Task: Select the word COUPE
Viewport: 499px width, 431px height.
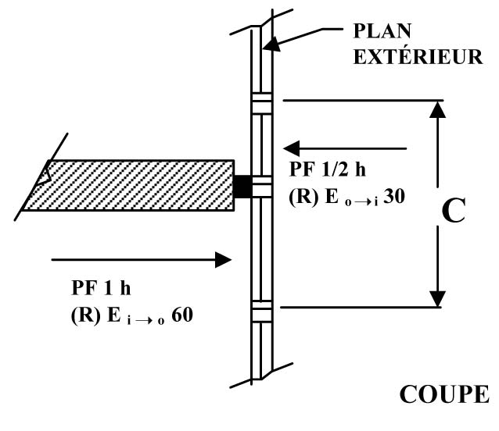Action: [444, 394]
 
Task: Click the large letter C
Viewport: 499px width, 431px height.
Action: [453, 212]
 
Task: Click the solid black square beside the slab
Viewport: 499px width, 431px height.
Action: [242, 186]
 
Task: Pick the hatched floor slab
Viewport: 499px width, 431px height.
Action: [129, 185]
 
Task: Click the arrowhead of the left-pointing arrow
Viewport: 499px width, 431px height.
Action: [291, 148]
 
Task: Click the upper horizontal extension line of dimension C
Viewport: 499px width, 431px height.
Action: [360, 99]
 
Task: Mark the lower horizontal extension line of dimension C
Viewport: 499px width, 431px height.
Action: [360, 307]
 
